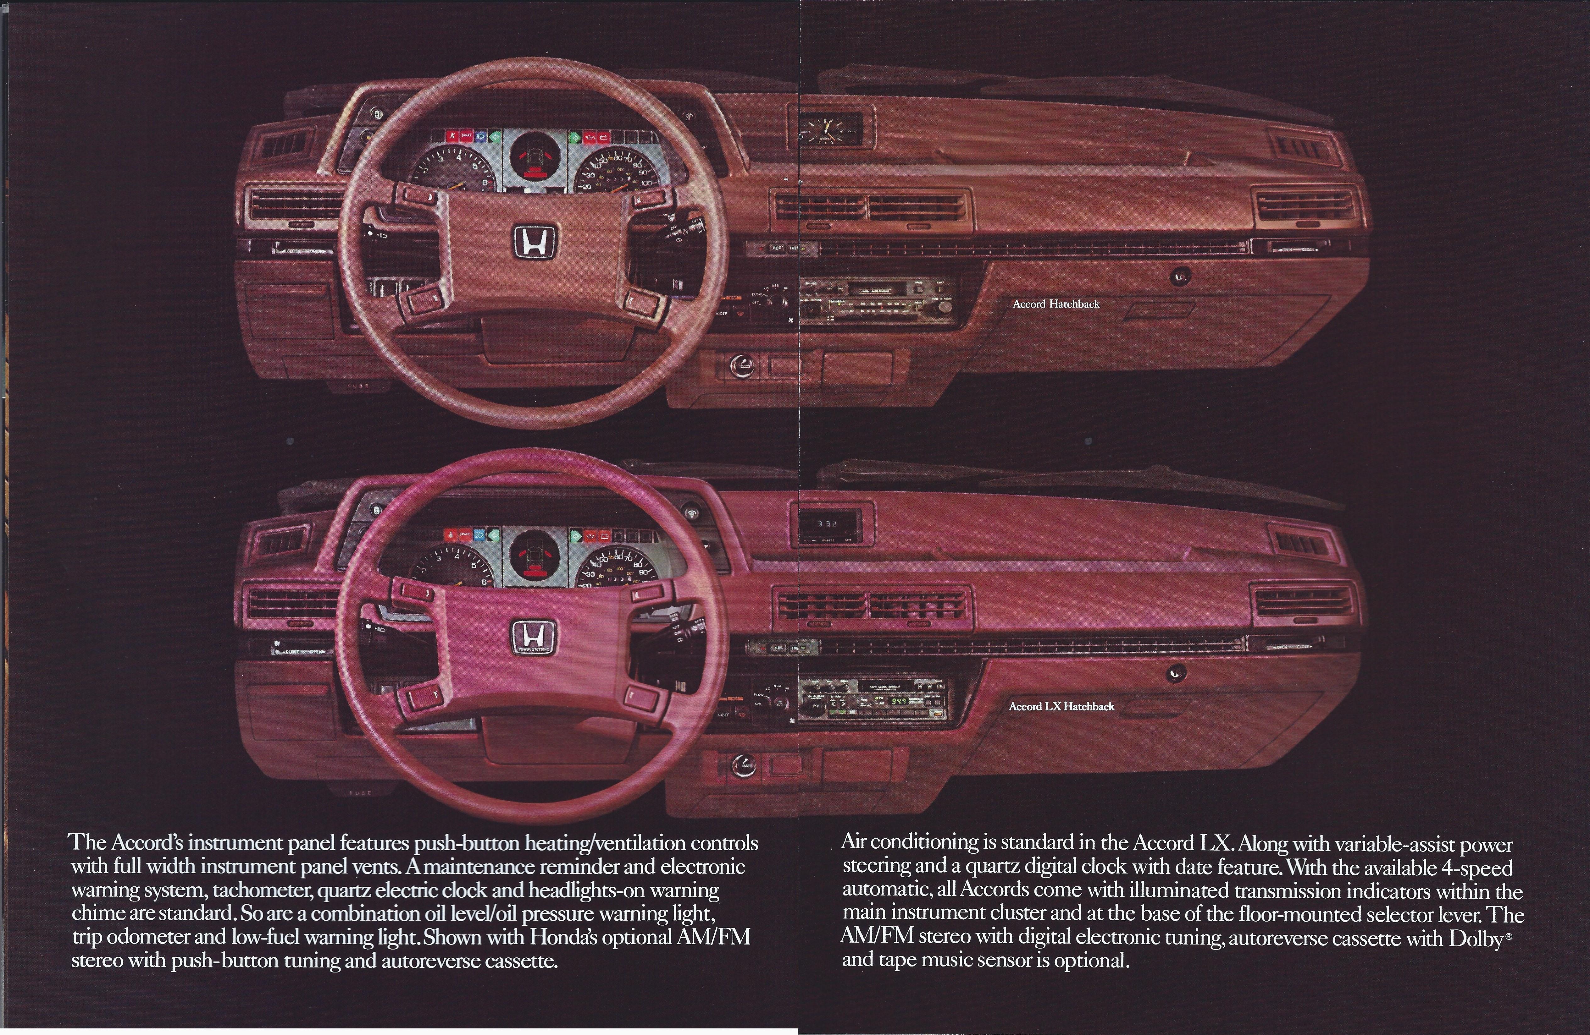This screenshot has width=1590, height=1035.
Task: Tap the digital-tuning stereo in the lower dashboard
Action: click(875, 700)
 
